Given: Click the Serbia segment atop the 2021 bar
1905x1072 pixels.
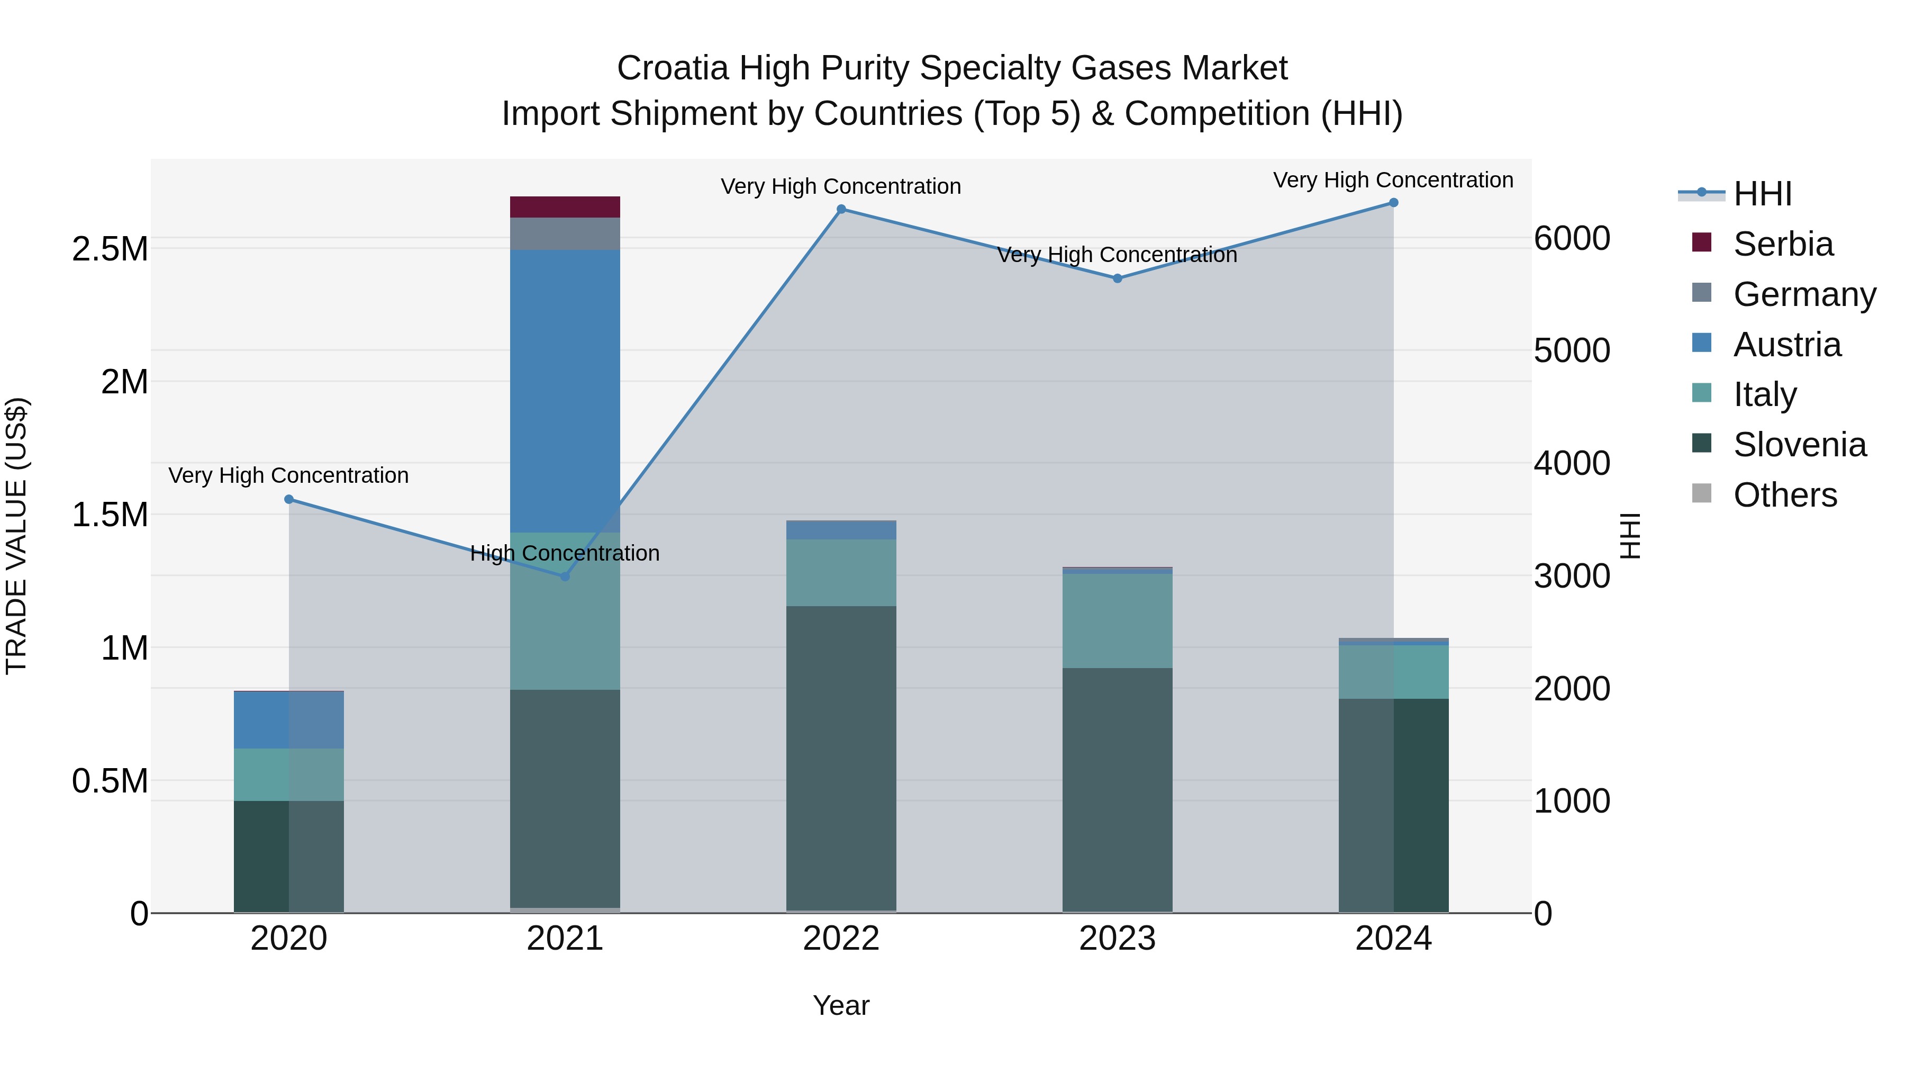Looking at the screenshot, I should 565,207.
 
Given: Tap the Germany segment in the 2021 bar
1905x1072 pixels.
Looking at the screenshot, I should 565,234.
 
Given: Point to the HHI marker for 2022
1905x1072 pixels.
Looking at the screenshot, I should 841,209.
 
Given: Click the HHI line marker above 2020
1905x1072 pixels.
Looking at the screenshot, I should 289,499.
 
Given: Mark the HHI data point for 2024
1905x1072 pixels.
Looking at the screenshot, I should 1393,203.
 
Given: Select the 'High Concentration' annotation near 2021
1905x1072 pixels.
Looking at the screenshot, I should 565,553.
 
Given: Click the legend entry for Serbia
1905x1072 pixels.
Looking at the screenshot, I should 1782,244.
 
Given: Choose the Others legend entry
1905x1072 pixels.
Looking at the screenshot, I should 1784,495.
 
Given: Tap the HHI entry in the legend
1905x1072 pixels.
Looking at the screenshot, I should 1762,194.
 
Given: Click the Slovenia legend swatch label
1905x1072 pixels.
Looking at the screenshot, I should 1799,445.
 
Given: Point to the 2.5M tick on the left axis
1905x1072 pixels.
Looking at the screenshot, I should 110,249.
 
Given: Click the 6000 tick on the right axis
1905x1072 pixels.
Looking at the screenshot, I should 1572,238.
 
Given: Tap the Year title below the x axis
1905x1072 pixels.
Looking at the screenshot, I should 841,1005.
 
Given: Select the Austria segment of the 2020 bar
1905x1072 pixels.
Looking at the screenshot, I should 289,720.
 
